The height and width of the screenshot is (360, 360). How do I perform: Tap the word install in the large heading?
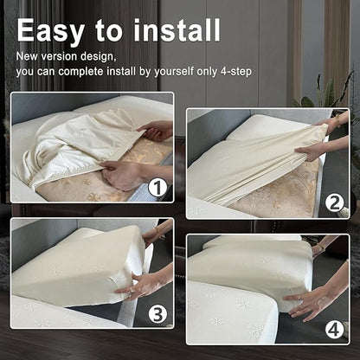(177, 30)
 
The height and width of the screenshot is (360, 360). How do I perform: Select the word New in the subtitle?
(27, 56)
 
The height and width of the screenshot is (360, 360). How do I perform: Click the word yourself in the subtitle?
(174, 71)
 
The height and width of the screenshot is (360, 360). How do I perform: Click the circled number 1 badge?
(157, 188)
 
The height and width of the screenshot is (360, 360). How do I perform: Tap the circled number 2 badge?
(335, 203)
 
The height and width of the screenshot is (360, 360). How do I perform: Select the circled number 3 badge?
(157, 314)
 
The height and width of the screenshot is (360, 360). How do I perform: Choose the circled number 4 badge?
(335, 330)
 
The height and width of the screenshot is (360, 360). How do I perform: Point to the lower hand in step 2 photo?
(312, 151)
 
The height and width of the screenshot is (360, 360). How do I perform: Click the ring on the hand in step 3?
(132, 290)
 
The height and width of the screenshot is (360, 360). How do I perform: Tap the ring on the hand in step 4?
(299, 297)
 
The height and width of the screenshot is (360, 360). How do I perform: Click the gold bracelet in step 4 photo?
(319, 247)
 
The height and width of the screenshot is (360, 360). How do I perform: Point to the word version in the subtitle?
(59, 56)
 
